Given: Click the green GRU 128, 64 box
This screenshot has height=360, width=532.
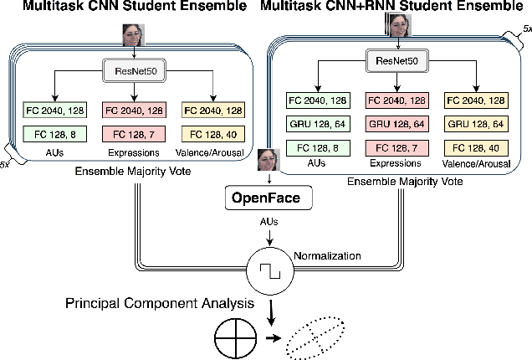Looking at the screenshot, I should [316, 124].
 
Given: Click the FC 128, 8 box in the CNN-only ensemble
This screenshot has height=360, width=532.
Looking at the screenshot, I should [53, 134].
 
